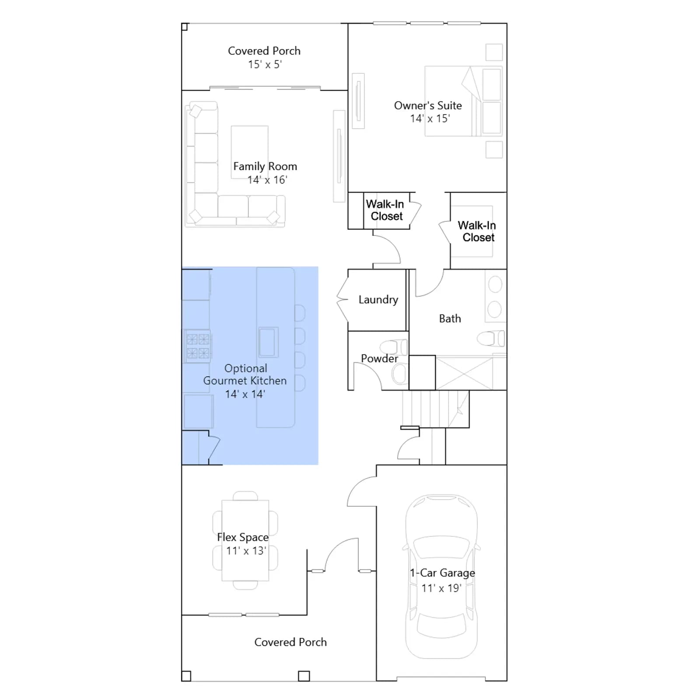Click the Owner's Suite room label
click(x=428, y=105)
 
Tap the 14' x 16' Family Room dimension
click(x=267, y=180)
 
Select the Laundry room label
click(x=378, y=300)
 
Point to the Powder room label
click(x=379, y=358)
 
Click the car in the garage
click(x=441, y=577)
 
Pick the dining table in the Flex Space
click(x=245, y=541)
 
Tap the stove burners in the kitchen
click(x=198, y=346)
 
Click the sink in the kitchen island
click(x=268, y=342)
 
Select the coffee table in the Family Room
click(x=249, y=152)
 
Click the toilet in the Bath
click(x=490, y=338)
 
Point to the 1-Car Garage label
click(x=442, y=573)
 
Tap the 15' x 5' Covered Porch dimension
click(x=265, y=64)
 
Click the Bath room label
click(x=450, y=318)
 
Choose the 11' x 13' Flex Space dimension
click(x=246, y=551)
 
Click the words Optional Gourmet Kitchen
click(x=245, y=374)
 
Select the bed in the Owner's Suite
click(x=463, y=101)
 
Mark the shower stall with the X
click(x=464, y=373)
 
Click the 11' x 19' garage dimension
click(x=441, y=588)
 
